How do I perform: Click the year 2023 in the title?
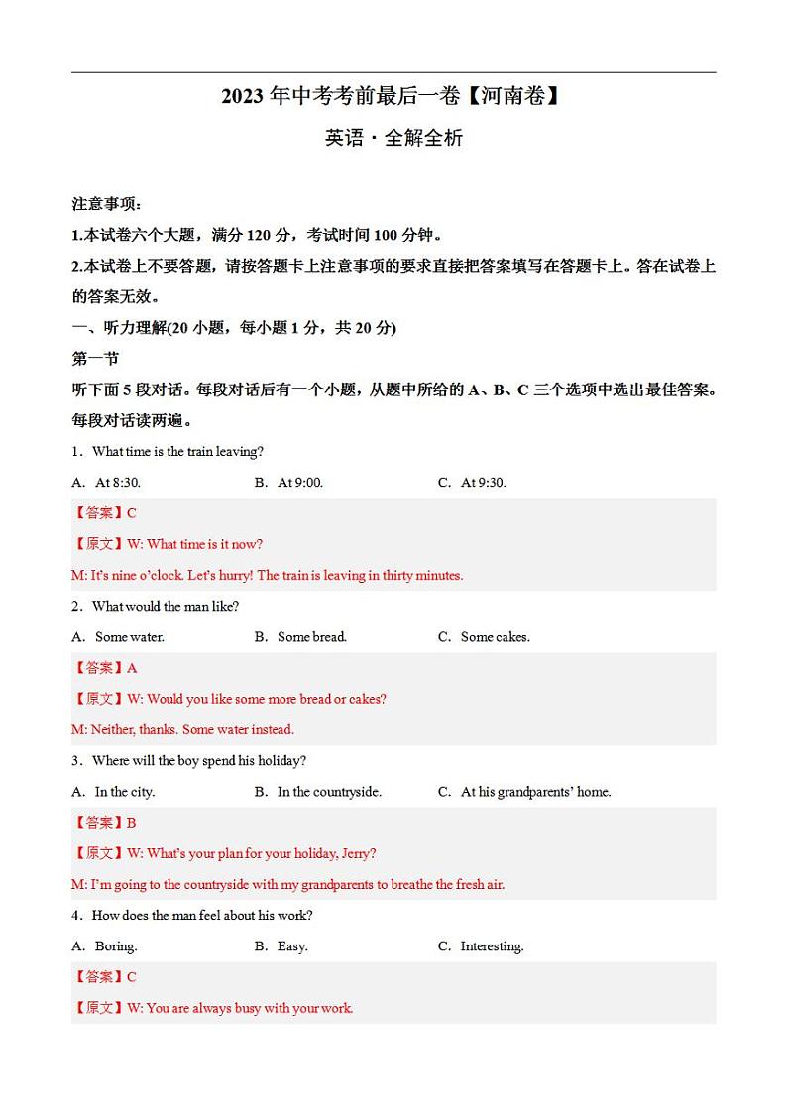coord(242,97)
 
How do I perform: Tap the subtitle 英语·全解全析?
coord(393,139)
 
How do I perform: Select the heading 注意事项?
coord(107,204)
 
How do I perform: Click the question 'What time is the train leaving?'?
coord(177,452)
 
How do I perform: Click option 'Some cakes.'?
coord(496,637)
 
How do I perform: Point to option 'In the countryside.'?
coord(329,792)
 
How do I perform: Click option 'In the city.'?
coord(125,792)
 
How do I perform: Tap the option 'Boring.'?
coord(116,946)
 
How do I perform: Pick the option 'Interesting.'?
coord(493,946)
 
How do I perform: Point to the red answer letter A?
coord(132,668)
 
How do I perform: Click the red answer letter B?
coord(132,823)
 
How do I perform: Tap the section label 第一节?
coord(95,359)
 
